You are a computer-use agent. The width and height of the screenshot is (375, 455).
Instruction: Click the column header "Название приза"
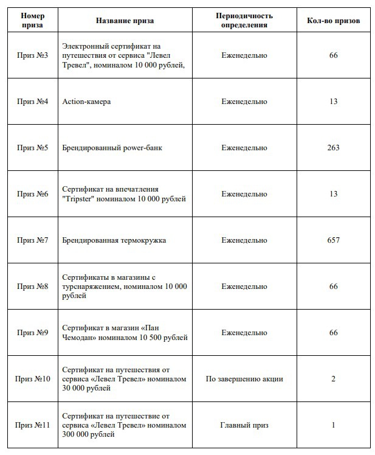tap(125, 20)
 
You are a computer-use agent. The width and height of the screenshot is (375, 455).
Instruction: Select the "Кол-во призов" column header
tap(333, 20)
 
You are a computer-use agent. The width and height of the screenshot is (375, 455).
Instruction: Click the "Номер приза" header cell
tap(33, 20)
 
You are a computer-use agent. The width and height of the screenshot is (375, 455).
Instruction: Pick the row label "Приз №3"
tap(33, 55)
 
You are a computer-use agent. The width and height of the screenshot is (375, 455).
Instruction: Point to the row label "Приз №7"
tap(33, 240)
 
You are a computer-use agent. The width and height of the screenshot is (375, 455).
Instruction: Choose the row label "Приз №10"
tap(33, 379)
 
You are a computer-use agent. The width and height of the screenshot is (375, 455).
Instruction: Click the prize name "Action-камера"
tap(86, 102)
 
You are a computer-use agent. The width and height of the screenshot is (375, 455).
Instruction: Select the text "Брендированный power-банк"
tap(112, 148)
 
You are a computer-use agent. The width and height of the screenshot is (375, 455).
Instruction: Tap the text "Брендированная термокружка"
tap(114, 240)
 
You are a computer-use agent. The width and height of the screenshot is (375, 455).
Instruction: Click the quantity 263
tap(333, 148)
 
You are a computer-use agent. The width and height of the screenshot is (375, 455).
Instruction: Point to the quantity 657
tap(333, 240)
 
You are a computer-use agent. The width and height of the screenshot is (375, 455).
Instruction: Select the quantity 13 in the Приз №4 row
tap(333, 102)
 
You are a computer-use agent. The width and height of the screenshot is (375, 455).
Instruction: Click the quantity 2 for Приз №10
tap(333, 379)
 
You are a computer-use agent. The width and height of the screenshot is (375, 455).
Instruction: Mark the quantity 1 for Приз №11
tap(333, 425)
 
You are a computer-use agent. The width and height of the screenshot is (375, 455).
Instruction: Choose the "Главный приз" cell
tap(244, 425)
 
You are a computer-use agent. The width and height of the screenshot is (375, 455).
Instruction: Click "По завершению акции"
tap(244, 379)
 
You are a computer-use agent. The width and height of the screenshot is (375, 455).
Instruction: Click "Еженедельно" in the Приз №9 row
tap(244, 333)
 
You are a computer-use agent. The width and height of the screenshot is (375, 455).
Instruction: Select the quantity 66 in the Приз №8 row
tap(333, 287)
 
